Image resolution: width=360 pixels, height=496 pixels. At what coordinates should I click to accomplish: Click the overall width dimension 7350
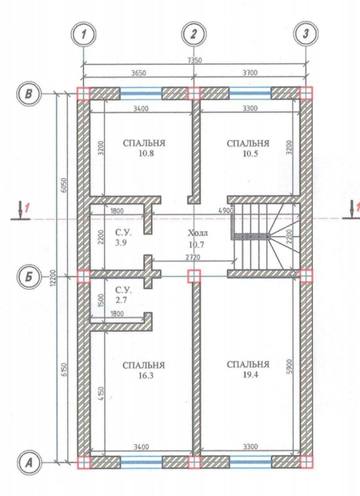[x=194, y=61]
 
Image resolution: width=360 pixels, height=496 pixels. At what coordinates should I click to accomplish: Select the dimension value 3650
[x=138, y=73]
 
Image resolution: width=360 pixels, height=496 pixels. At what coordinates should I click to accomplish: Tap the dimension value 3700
[x=250, y=73]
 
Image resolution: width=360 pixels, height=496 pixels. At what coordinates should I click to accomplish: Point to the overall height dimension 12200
[x=53, y=278]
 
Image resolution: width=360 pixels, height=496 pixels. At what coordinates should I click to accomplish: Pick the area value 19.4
[x=250, y=375]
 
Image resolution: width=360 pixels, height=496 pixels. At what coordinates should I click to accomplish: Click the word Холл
[x=198, y=234]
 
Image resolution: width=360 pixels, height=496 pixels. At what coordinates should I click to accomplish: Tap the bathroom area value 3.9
[x=121, y=243]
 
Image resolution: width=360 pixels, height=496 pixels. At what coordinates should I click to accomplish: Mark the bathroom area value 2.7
[x=121, y=300]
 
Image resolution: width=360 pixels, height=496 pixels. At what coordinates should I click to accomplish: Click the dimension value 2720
[x=193, y=257]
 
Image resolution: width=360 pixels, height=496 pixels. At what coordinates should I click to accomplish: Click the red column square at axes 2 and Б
[x=194, y=276]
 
